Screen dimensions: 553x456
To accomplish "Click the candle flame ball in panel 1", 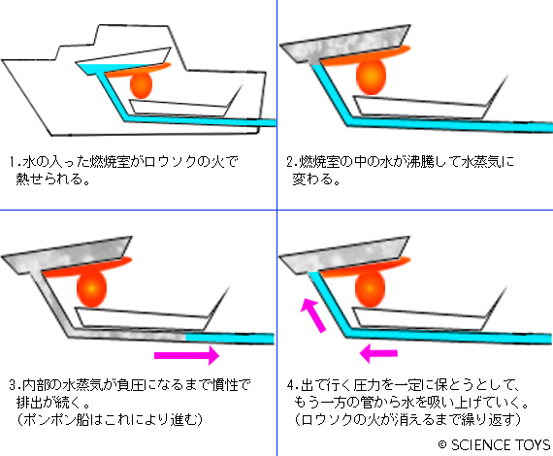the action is click(141, 85).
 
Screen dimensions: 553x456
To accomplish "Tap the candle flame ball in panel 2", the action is click(371, 77).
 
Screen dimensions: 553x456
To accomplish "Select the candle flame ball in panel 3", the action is click(92, 289).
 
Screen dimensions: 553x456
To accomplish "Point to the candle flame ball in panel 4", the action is click(370, 289).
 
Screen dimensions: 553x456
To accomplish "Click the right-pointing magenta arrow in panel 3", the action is click(186, 355).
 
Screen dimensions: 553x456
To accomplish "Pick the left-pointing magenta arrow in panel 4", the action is click(378, 353).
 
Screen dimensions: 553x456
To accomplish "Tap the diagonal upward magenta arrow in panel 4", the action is click(313, 315).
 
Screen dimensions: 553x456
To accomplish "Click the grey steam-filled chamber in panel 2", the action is click(345, 44).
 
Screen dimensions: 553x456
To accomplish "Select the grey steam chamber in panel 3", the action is click(67, 254).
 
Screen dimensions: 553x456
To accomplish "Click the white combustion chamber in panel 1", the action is click(124, 61).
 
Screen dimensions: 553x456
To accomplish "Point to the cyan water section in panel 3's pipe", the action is click(230, 338).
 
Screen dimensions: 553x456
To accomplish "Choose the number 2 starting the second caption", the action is click(290, 162).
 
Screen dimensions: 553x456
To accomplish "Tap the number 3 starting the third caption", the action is click(13, 384).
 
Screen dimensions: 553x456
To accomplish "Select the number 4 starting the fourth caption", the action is click(291, 384).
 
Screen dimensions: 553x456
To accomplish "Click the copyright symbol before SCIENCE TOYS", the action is click(442, 444).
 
